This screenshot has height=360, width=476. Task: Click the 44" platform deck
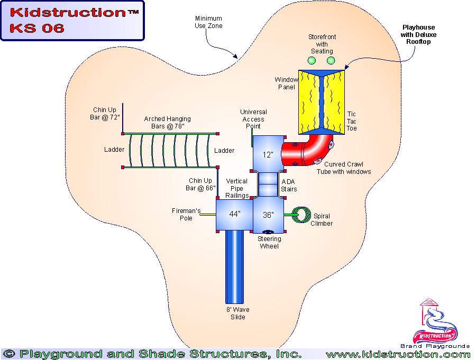(234, 214)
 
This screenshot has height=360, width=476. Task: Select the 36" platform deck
(269, 214)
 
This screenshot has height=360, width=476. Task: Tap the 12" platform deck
(268, 154)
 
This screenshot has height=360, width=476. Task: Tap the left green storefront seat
(313, 61)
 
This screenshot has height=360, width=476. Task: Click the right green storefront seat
(331, 61)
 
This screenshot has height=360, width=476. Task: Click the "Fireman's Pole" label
(186, 214)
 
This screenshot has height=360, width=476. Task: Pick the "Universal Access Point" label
(253, 119)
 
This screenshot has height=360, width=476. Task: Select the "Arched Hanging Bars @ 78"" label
(168, 123)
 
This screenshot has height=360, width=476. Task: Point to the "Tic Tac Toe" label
(352, 121)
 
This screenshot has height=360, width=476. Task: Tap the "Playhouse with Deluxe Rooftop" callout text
(419, 34)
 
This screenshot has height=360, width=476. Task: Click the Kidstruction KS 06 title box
(72, 21)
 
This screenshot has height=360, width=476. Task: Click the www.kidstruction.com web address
(398, 354)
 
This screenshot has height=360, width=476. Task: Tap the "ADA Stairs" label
(289, 186)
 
